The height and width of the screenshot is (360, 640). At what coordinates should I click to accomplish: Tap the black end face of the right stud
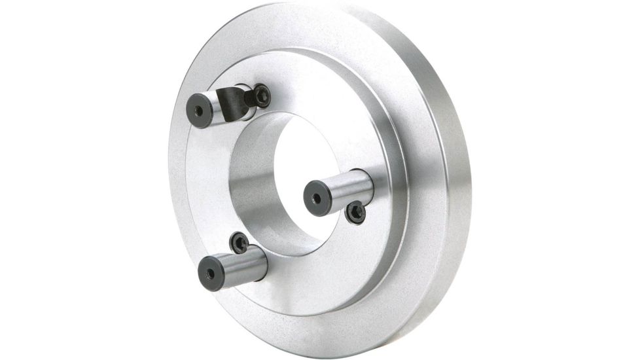(317, 198)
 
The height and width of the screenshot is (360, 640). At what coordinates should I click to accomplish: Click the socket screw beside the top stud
(261, 96)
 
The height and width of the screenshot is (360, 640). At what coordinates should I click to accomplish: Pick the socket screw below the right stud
(355, 212)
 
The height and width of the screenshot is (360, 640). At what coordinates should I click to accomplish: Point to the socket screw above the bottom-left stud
(240, 243)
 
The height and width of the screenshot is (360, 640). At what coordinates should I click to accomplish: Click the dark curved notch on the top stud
(233, 103)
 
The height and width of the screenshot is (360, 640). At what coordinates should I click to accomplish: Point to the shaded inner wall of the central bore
(252, 190)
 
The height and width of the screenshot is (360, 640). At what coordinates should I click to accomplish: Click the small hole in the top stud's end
(198, 109)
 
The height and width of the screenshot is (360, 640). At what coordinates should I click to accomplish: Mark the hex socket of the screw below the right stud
(356, 212)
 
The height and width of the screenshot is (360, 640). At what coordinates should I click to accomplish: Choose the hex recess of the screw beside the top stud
(262, 96)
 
